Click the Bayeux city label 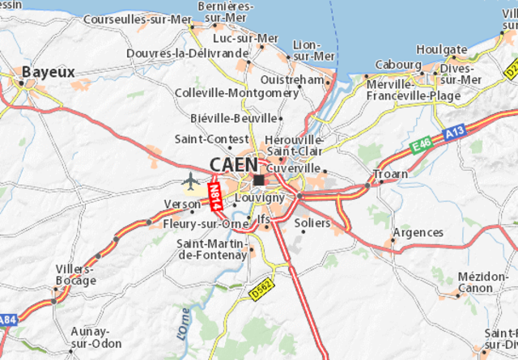pos(49,72)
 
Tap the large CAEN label pos(233,164)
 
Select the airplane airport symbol pos(190,179)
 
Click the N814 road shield pos(214,197)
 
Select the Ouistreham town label pos(291,79)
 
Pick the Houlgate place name pos(443,49)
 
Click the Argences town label pos(418,232)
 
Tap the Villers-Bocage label pos(75,275)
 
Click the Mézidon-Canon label pos(482,282)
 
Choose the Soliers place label pos(312,222)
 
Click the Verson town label pos(181,204)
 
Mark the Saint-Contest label pos(206,139)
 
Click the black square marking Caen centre pos(258,180)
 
